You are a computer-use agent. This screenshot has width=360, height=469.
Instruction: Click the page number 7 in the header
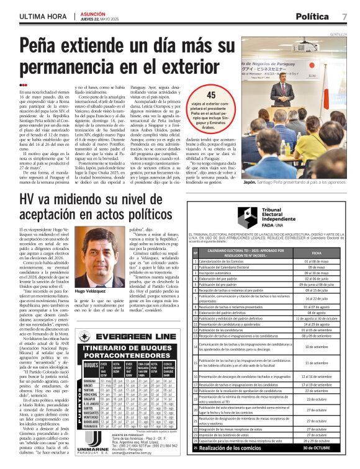point(344,16)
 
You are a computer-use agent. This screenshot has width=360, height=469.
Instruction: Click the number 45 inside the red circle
point(211,95)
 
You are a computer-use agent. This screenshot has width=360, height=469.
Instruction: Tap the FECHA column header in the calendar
point(317,252)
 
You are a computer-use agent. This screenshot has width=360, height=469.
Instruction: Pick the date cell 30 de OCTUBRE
point(317,447)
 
